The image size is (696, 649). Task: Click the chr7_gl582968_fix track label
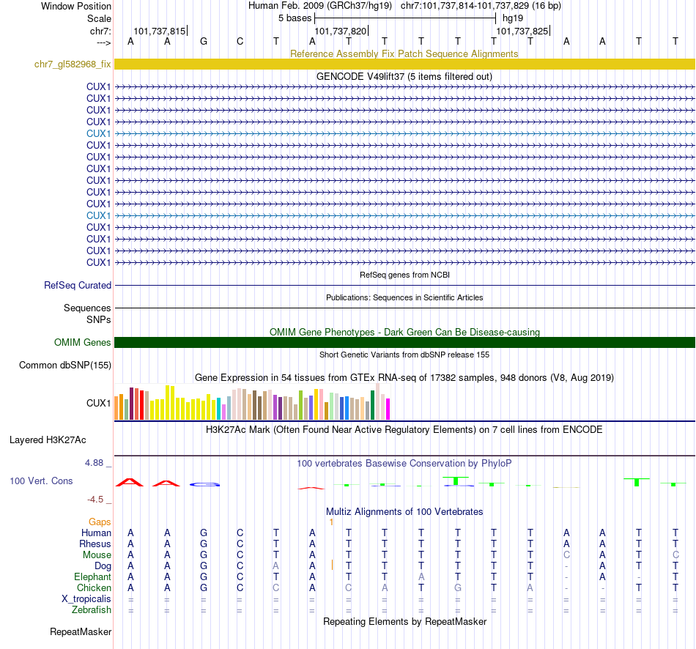coord(73,64)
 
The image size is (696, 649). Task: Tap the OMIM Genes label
coord(83,342)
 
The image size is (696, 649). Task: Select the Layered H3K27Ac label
coord(48,440)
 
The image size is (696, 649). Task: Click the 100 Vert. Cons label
coord(41,481)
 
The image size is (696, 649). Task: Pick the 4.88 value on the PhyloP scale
coord(98,463)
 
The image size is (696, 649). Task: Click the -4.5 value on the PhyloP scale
coord(99,499)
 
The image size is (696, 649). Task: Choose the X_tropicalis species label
coord(86,598)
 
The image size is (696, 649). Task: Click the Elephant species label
coord(92,576)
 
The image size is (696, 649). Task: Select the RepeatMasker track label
coord(81,631)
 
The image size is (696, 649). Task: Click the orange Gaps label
coord(100,522)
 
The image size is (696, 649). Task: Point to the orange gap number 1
coord(331,522)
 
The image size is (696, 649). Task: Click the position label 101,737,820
coord(340,31)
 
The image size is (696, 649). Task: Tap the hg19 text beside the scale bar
coord(512,18)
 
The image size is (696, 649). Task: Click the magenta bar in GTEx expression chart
coord(388,409)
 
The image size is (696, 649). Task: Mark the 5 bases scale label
coord(295,18)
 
